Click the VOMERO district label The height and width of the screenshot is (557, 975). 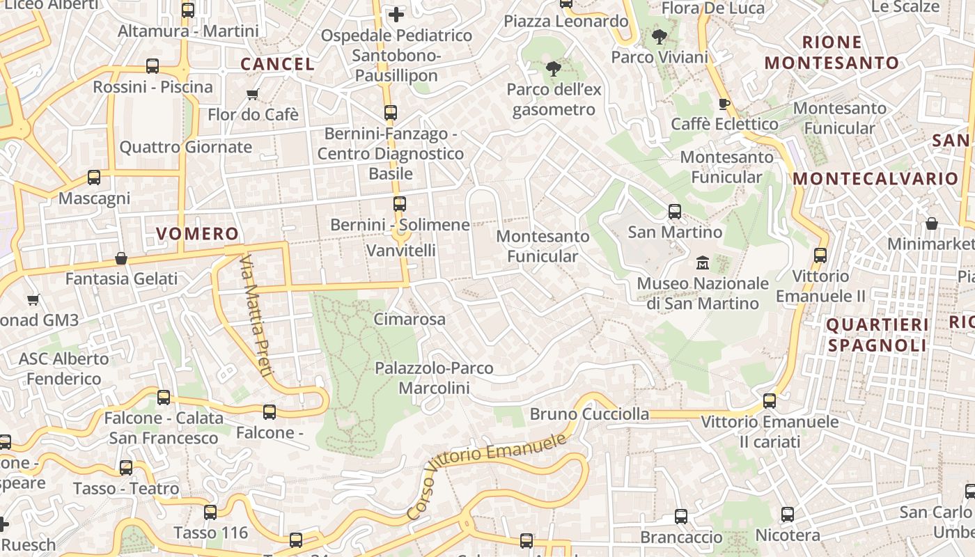(197, 234)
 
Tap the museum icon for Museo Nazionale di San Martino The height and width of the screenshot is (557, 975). (703, 263)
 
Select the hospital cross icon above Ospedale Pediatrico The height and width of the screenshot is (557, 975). (396, 14)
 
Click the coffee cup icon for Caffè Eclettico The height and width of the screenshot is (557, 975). (724, 104)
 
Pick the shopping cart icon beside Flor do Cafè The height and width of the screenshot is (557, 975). (252, 94)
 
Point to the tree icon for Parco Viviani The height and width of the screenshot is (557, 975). (659, 36)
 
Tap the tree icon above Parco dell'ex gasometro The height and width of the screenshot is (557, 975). (554, 68)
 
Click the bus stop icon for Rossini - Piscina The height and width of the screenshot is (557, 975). (153, 66)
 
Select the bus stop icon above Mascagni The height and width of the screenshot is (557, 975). (94, 178)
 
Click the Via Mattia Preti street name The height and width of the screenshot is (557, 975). (256, 316)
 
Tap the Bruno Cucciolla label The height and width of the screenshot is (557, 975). (589, 414)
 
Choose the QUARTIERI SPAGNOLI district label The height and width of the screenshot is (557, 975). (877, 335)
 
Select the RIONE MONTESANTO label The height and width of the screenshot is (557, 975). (832, 52)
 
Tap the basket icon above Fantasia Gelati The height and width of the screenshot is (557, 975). (121, 258)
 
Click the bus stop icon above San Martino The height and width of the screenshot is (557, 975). (675, 211)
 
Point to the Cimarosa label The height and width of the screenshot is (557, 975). (409, 320)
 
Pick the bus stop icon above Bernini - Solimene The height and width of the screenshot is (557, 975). (399, 203)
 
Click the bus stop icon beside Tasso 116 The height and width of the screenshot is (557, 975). (210, 512)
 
